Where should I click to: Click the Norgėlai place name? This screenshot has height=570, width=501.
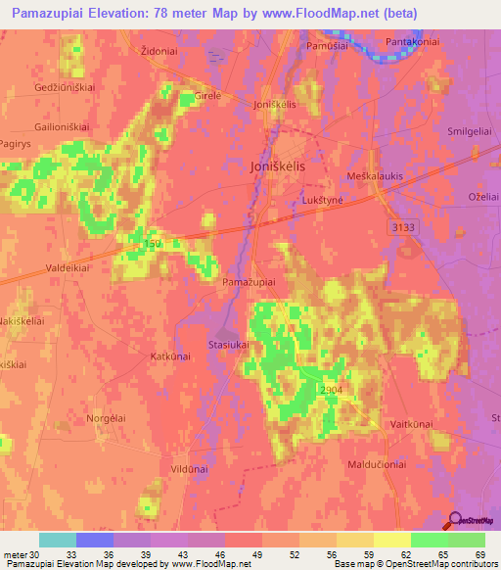[105, 418]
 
